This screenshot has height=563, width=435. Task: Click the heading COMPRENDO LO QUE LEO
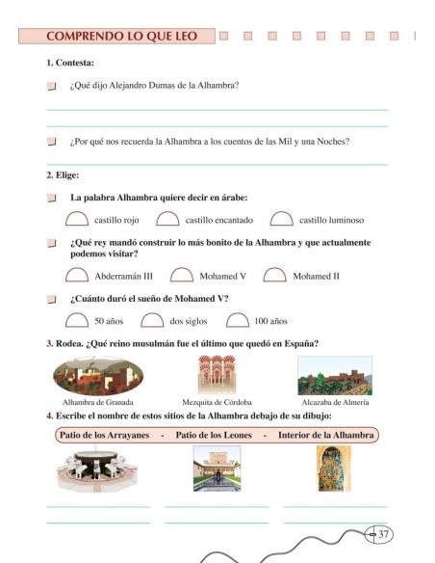point(121,37)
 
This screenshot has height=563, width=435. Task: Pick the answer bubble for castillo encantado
point(167,220)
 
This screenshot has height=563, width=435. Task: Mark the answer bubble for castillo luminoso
point(282,220)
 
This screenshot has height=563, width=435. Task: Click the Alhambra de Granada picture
point(98,374)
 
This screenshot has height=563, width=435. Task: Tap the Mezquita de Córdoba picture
point(217,374)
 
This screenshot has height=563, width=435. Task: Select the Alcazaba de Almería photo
point(334,375)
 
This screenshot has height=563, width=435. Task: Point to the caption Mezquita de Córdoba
point(217,402)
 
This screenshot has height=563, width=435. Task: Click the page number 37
point(383,533)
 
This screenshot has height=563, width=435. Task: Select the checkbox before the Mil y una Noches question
point(52,142)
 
